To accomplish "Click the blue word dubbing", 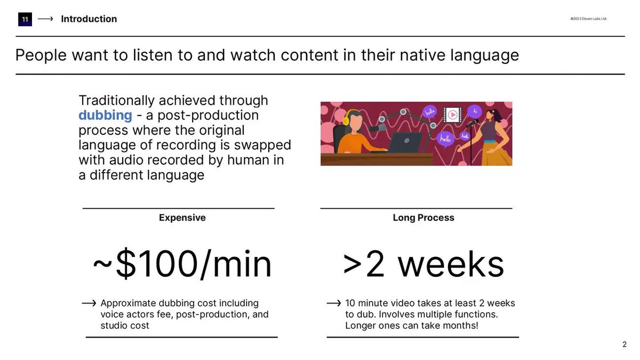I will [x=105, y=115].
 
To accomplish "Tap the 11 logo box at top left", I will [x=25, y=19].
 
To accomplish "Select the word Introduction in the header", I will [x=89, y=19].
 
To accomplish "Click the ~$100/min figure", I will [x=182, y=265].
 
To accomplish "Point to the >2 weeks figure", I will [x=423, y=265].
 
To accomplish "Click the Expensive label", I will [x=182, y=218].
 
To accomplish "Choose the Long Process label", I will [x=423, y=218].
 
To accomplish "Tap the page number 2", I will [x=625, y=345].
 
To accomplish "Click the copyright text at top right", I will [x=588, y=19].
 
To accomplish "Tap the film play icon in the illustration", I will [x=452, y=114].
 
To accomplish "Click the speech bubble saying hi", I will [x=474, y=111].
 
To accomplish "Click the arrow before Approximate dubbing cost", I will [x=89, y=303].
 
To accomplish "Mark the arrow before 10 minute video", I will [x=333, y=303].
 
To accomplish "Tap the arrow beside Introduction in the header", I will [x=45, y=19].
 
